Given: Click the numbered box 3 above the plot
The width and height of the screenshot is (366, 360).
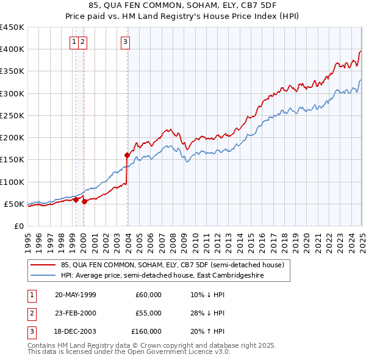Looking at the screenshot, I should point(125,42).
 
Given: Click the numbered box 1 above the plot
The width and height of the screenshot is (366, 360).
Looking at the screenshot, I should point(74,42).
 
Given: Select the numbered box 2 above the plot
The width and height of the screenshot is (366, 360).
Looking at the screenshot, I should point(82,42).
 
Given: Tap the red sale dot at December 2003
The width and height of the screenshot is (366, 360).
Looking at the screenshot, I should point(127,155).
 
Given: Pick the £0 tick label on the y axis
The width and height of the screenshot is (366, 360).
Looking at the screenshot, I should point(18,226).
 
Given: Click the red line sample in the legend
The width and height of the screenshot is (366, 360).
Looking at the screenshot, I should point(42,265).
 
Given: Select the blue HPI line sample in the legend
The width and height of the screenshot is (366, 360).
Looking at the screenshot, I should point(42,276).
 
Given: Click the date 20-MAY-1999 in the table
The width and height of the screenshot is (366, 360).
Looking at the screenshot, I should point(76,295).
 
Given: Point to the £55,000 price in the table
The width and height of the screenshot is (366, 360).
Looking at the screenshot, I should point(148,313).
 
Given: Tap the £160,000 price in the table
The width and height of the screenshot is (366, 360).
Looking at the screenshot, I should point(146,331).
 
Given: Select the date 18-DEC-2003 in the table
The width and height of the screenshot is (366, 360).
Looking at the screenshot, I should point(76,331).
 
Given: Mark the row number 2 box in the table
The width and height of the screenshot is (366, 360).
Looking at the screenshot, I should point(29,313).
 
